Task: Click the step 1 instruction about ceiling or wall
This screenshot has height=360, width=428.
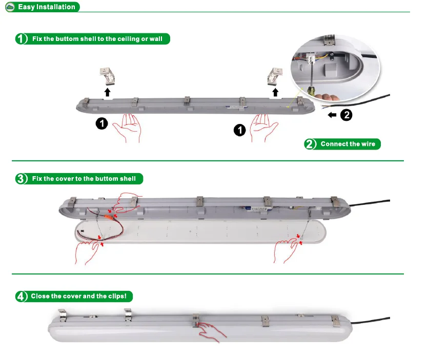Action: click(x=92, y=39)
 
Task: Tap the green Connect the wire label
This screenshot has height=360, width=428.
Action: click(x=343, y=144)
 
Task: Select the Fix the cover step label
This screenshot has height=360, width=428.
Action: click(x=79, y=179)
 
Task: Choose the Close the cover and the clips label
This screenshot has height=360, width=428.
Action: click(x=74, y=296)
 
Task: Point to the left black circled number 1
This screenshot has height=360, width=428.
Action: click(x=101, y=124)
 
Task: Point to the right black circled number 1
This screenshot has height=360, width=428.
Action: click(x=239, y=131)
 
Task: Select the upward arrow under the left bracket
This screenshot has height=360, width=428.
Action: click(x=107, y=92)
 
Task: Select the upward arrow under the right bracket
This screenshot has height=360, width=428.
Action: click(x=276, y=92)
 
